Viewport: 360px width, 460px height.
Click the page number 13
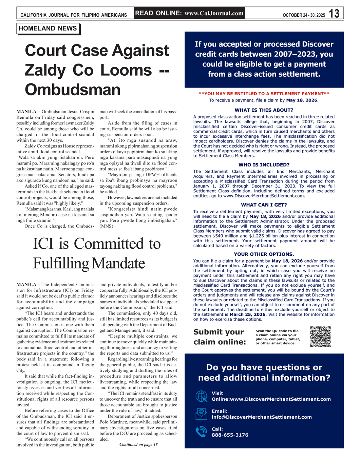(x=334, y=14)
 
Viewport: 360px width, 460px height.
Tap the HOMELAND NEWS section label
(x=48, y=28)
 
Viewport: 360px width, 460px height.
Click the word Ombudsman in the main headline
(x=73, y=90)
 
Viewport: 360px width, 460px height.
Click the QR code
(x=320, y=337)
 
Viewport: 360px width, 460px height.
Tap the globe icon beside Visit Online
(x=201, y=396)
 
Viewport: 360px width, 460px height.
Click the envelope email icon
(x=201, y=414)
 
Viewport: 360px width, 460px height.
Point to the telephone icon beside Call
(x=201, y=432)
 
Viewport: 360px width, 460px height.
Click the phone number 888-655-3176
(x=230, y=435)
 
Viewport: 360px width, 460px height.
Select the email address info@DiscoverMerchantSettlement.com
(x=262, y=417)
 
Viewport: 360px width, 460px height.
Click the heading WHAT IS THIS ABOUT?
(x=264, y=110)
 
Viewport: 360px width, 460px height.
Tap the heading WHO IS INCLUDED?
(x=264, y=165)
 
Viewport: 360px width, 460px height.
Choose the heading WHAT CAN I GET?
(x=264, y=205)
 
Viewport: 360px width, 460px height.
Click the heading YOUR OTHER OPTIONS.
(x=264, y=254)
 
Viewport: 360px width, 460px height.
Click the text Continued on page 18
(x=138, y=444)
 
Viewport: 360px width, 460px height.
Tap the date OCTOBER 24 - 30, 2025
(x=304, y=15)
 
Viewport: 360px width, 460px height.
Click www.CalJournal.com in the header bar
(x=214, y=14)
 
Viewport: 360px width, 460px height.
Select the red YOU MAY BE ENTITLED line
(x=264, y=94)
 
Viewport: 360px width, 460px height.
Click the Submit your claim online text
(x=220, y=337)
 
